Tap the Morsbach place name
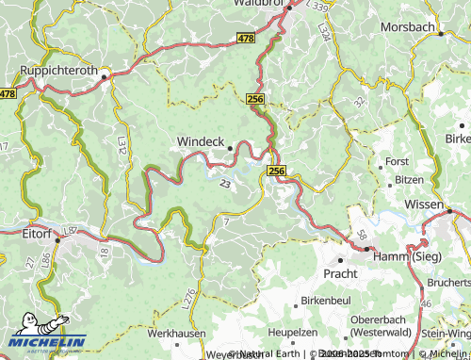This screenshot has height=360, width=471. (407, 27)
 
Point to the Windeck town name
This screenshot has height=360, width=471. (200, 142)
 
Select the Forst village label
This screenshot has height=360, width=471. (398, 162)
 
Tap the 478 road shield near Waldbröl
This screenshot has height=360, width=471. (245, 38)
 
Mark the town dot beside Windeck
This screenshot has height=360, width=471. (229, 146)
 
